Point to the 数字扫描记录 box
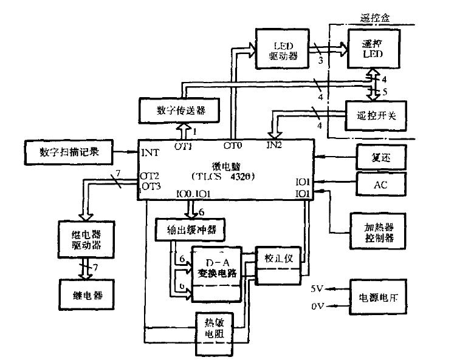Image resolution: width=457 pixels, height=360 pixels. click(x=67, y=152)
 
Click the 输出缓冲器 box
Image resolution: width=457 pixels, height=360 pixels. click(x=191, y=231)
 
